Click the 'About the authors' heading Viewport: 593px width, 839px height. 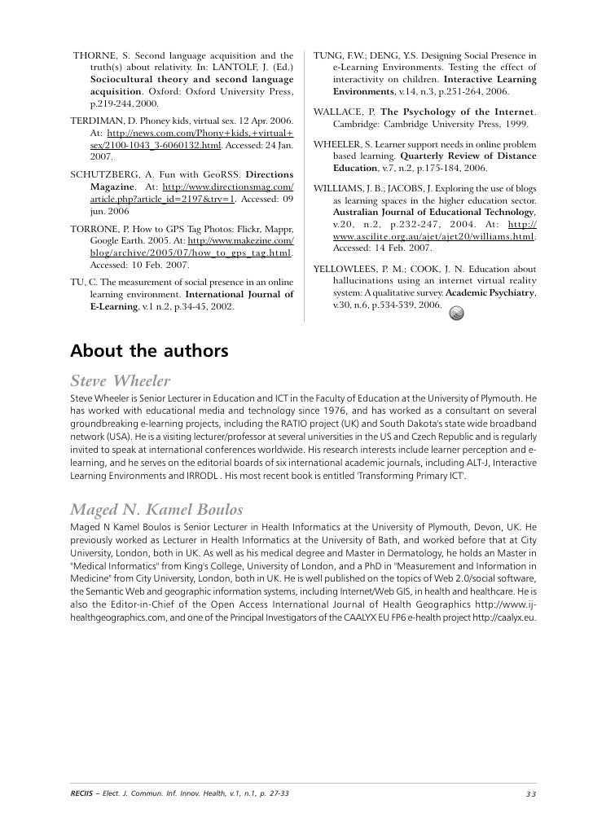pos(149,352)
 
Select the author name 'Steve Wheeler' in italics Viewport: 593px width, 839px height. pos(121,380)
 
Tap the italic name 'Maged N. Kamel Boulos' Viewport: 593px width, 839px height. pos(156,510)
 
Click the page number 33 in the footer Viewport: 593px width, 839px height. pos(531,794)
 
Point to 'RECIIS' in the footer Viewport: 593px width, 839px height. pos(83,794)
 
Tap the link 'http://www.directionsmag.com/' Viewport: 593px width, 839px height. pos(229,187)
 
